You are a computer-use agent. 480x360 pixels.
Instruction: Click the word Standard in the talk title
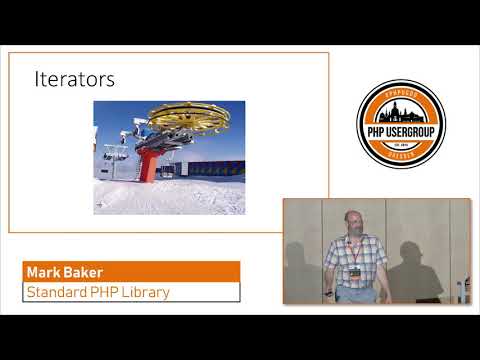(61, 293)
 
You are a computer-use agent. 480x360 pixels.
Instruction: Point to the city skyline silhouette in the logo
(400, 106)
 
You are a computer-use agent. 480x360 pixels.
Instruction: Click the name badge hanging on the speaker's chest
(355, 272)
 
